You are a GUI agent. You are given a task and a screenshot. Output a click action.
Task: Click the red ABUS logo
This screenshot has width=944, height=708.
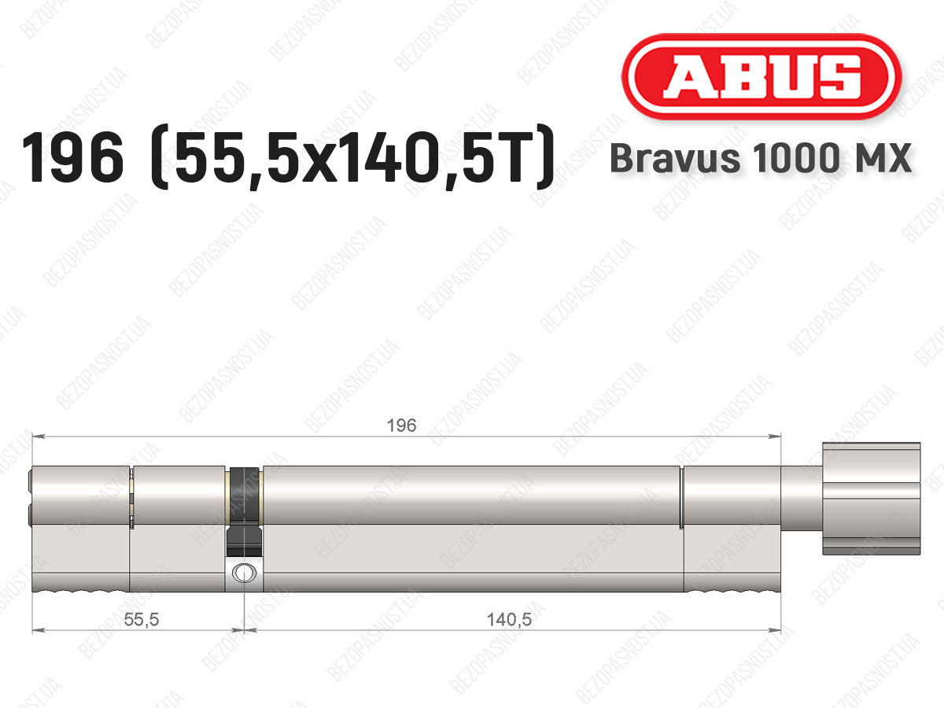(x=761, y=76)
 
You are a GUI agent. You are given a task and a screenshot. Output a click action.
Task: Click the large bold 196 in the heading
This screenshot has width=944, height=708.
(x=72, y=157)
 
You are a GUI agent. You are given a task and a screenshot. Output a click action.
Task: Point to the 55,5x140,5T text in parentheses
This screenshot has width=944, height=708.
(x=352, y=157)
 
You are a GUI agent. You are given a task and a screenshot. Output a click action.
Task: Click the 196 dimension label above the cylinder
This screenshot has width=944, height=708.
(x=402, y=426)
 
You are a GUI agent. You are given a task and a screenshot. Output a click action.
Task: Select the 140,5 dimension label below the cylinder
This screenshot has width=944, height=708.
(x=509, y=619)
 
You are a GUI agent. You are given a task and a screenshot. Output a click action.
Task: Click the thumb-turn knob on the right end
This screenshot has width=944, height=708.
(x=872, y=499)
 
